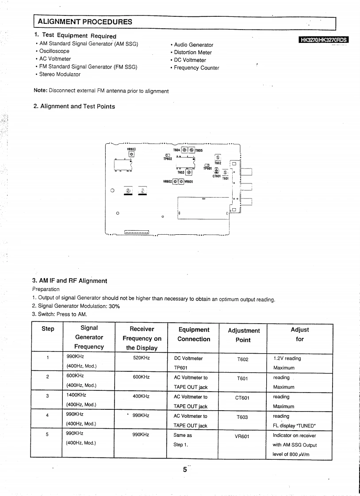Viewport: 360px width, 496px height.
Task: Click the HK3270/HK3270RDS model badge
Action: point(324,40)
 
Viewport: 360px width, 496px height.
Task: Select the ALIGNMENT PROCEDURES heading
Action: point(85,22)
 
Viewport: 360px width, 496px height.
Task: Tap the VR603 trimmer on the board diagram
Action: point(131,154)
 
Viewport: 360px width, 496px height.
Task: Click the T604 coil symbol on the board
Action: point(185,150)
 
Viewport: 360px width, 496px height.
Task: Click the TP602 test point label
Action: point(167,158)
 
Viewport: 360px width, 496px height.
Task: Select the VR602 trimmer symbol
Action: point(176,181)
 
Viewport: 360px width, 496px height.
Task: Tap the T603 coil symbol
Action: point(189,172)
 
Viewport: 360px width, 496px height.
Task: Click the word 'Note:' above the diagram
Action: point(40,91)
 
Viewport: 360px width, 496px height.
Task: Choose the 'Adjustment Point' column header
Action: point(244,335)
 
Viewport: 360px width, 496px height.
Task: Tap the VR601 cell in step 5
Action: point(242,436)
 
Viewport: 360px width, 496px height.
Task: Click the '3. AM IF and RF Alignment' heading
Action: point(69,281)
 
